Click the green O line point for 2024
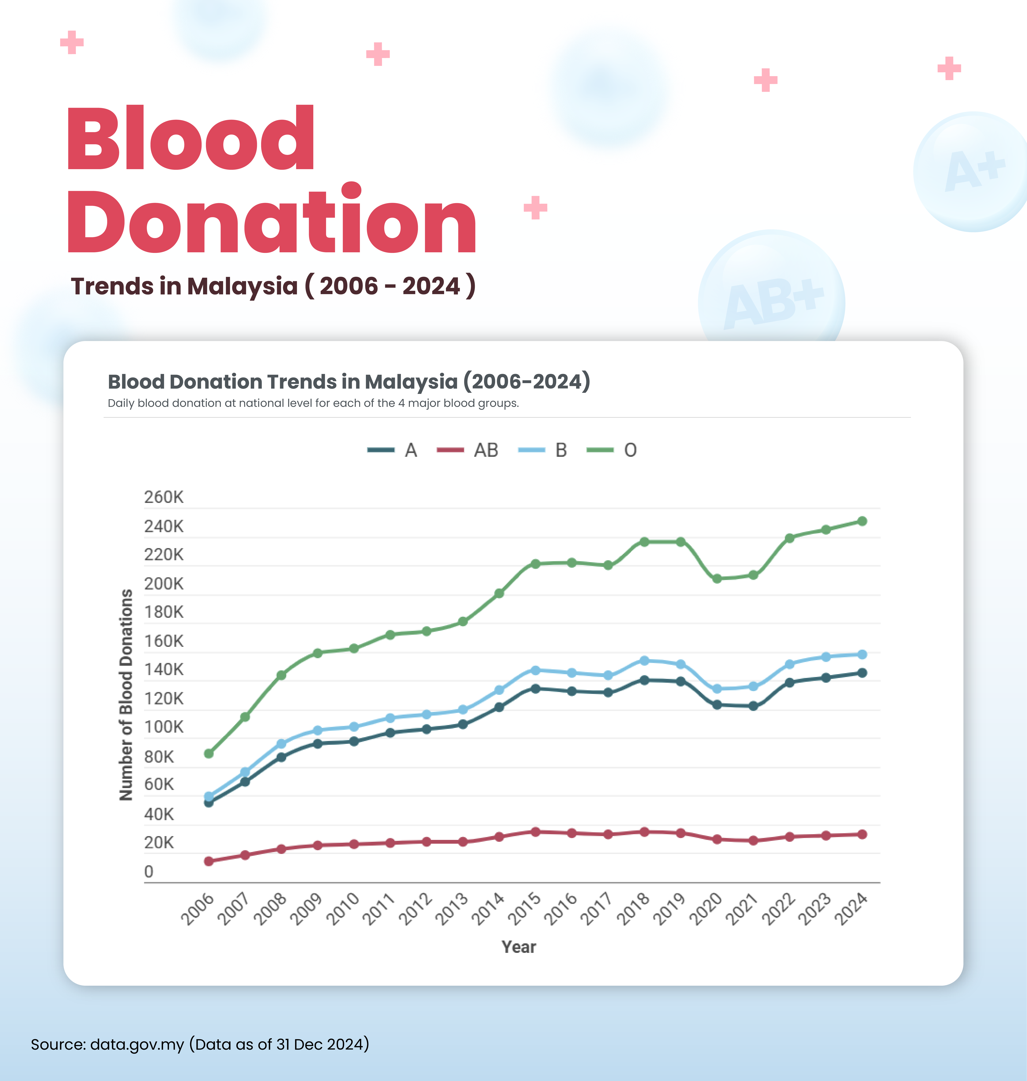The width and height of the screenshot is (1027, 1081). coord(862,521)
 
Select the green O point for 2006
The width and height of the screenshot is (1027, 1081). coord(209,754)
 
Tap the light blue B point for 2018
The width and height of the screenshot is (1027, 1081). coord(644,660)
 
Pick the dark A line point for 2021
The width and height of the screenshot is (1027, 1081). coord(753,706)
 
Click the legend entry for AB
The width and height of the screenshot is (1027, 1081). coord(468,450)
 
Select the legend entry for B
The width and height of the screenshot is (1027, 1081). coord(543,450)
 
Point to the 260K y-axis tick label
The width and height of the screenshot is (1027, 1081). coord(164,497)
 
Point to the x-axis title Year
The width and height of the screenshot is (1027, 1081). coord(518,947)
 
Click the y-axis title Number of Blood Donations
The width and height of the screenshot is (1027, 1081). coord(126,694)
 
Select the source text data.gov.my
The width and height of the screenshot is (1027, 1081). coord(137,1044)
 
